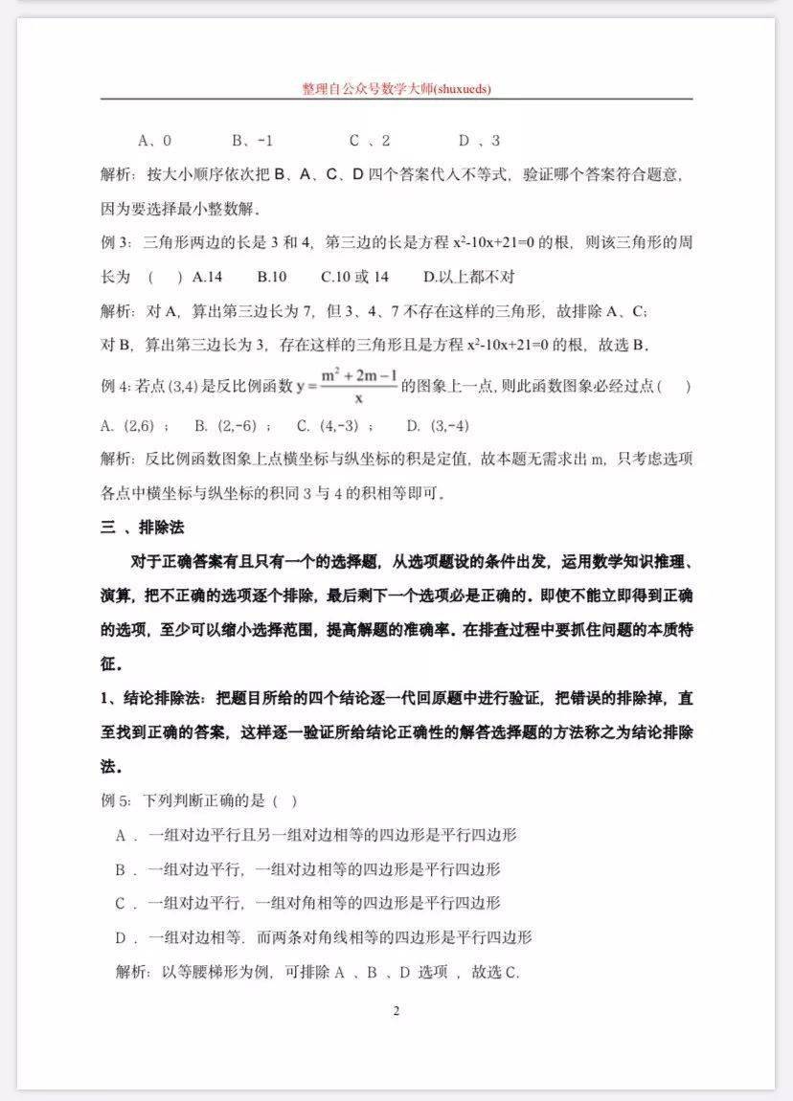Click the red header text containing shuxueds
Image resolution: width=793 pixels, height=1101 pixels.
396,89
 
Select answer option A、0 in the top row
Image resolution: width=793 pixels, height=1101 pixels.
154,141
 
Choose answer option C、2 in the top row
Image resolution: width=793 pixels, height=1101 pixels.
370,141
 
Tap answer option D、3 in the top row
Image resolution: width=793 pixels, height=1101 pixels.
479,141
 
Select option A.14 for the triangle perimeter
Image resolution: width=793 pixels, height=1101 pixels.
207,277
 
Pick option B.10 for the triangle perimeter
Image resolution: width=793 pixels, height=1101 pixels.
272,277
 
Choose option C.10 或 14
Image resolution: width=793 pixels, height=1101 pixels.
354,277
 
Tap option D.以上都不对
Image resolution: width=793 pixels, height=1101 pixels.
469,277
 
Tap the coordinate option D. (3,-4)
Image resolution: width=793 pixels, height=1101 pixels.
438,425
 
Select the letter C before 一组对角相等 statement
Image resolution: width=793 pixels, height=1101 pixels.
122,903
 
